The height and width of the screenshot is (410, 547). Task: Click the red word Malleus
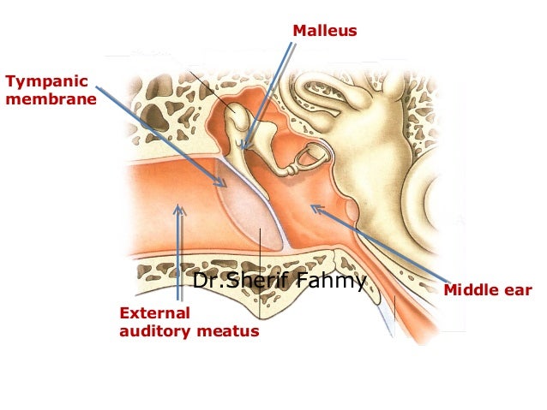pyautogui.click(x=324, y=32)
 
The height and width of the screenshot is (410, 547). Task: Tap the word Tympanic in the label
pyautogui.click(x=35, y=82)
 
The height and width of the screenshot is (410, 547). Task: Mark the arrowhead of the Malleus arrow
pyautogui.click(x=244, y=149)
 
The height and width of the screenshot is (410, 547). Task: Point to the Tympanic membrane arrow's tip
pyautogui.click(x=225, y=185)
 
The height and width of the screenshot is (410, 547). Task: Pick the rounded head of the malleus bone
pyautogui.click(x=232, y=116)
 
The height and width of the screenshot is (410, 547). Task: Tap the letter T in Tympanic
pyautogui.click(x=9, y=82)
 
